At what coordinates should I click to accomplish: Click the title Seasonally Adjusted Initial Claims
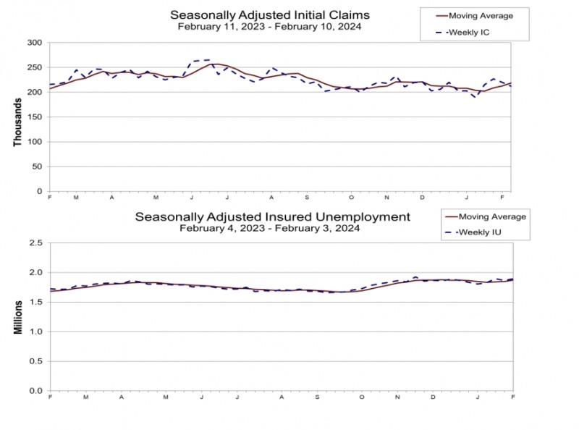pos(269,14)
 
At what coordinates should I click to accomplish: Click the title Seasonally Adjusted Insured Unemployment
pos(273,216)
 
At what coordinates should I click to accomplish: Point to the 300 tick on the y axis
pos(33,43)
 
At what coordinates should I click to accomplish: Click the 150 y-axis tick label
pos(33,117)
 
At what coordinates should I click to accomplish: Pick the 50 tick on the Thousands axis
pos(36,166)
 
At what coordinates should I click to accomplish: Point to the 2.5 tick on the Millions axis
pos(35,243)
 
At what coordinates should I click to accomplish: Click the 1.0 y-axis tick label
pos(35,332)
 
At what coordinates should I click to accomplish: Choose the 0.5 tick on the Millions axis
pos(35,361)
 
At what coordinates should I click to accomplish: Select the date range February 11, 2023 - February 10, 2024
pos(269,27)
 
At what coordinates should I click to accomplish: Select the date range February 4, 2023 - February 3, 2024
pos(272,228)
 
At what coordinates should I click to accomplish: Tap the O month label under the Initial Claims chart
pos(352,197)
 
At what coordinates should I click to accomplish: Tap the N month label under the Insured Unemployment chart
pos(397,397)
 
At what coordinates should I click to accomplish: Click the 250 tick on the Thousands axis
pos(33,67)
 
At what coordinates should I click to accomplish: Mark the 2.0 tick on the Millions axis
pos(35,273)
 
